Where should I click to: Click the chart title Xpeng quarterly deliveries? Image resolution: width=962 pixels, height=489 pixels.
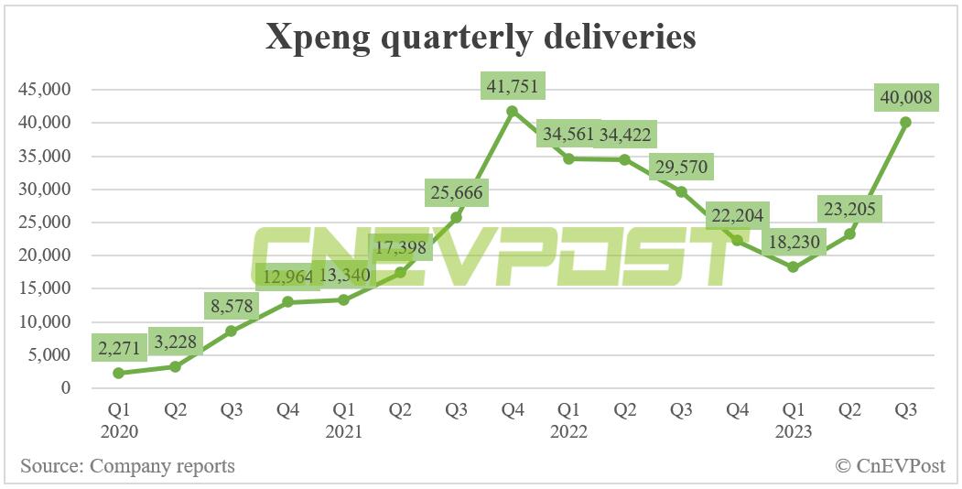coord(481,38)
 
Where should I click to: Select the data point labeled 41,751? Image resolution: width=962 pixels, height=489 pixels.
coord(513,111)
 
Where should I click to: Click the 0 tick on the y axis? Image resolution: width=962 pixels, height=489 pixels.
coord(66,388)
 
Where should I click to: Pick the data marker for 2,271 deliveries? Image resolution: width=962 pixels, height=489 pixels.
coord(119,373)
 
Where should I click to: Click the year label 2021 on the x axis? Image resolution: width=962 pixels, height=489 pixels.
coord(343,431)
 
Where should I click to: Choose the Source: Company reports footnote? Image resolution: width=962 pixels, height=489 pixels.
coord(127,466)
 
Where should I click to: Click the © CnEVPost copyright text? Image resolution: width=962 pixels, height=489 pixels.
coord(890,466)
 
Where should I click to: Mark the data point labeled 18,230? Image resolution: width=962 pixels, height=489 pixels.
coord(793,267)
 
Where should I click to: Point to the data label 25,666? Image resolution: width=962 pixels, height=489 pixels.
coord(456,193)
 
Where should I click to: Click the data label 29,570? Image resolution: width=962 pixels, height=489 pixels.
coord(680,168)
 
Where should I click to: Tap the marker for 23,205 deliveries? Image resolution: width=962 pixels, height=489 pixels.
coord(849,234)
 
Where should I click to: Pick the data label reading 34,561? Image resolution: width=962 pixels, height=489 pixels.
coord(568,136)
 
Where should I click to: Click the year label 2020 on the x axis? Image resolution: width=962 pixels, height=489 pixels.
coord(119,431)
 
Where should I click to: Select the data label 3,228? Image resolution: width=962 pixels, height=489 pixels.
coord(175,344)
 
